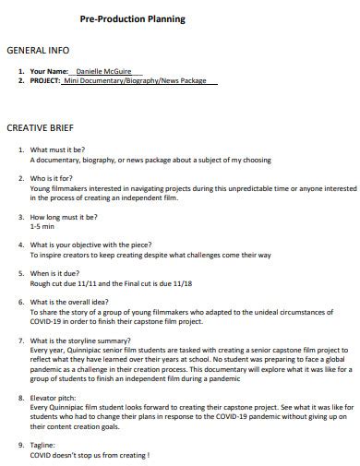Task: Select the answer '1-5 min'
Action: [42, 225]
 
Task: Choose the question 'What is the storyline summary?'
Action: [81, 341]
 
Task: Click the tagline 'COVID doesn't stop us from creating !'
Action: [90, 456]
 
